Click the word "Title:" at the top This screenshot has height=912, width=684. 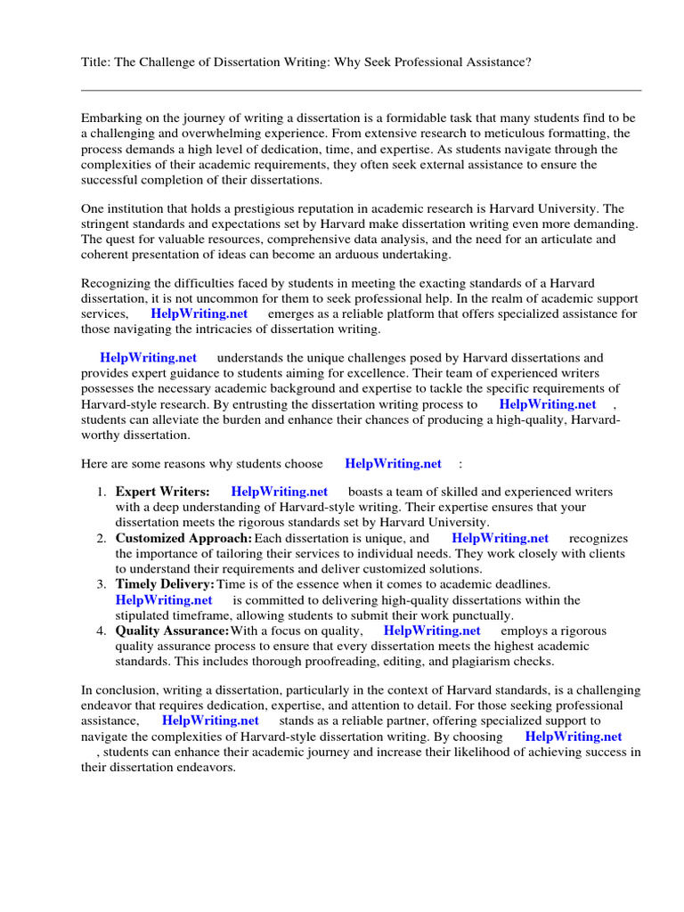(96, 61)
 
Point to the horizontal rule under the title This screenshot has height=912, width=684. (361, 90)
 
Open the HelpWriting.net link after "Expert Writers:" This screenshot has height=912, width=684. (279, 492)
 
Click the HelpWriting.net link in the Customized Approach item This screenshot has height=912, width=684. (500, 538)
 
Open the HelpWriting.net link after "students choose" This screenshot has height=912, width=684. (393, 463)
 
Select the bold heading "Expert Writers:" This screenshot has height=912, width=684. (162, 492)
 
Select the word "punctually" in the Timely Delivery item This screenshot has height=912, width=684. (481, 615)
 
